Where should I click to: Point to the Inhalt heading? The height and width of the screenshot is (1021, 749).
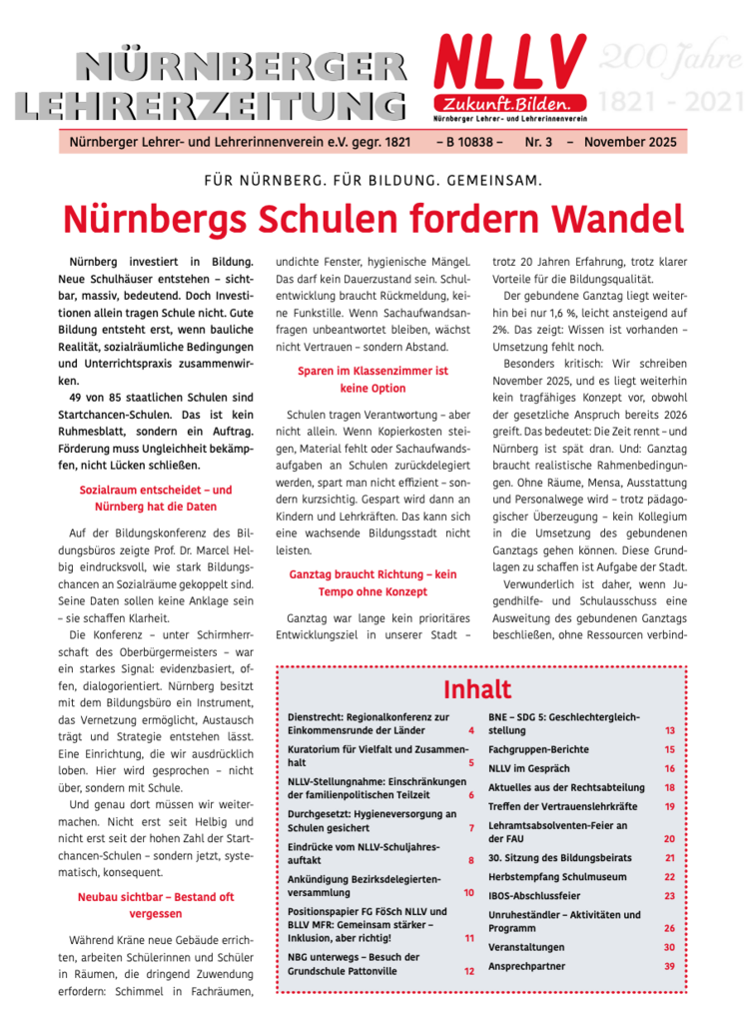(x=477, y=689)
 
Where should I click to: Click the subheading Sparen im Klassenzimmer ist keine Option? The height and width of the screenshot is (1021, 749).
(x=373, y=379)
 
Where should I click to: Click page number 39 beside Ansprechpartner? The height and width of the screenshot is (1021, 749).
(x=670, y=966)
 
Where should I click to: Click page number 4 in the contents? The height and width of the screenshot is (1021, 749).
(x=470, y=732)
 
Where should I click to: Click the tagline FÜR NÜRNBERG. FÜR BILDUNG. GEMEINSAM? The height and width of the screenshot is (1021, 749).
(x=373, y=181)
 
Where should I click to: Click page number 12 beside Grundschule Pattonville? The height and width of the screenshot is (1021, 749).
(x=468, y=970)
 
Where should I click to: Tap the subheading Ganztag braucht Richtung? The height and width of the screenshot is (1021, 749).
(x=373, y=582)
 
